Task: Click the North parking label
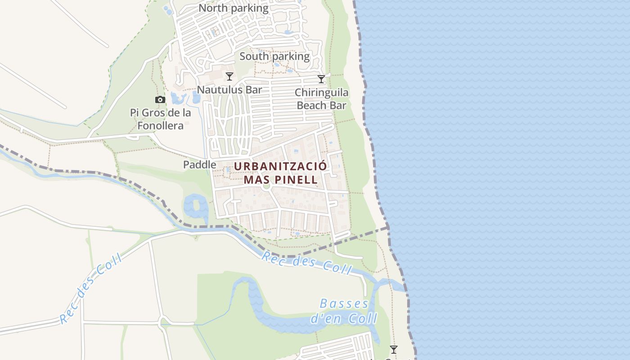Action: click(233, 8)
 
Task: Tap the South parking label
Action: click(274, 56)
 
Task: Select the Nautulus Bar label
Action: click(229, 90)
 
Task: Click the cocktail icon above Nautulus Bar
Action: click(229, 76)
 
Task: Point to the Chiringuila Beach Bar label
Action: click(321, 99)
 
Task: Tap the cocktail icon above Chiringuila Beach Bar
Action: click(321, 80)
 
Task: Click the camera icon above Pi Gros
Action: click(160, 100)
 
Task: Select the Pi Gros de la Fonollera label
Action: click(161, 119)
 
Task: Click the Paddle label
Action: click(199, 165)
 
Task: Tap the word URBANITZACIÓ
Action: click(280, 166)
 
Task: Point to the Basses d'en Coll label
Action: click(344, 311)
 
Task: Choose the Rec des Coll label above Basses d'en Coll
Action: click(306, 263)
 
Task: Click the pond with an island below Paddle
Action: click(195, 206)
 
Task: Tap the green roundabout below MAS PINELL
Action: click(266, 186)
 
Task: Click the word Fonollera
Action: click(161, 125)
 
